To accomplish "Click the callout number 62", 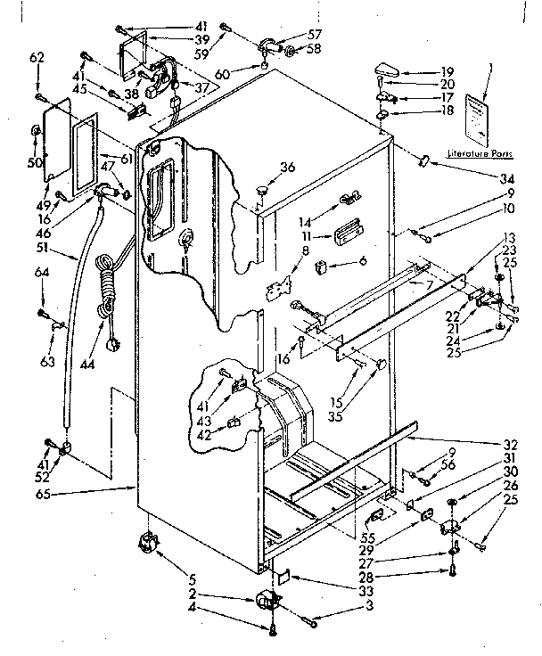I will coord(36,58).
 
